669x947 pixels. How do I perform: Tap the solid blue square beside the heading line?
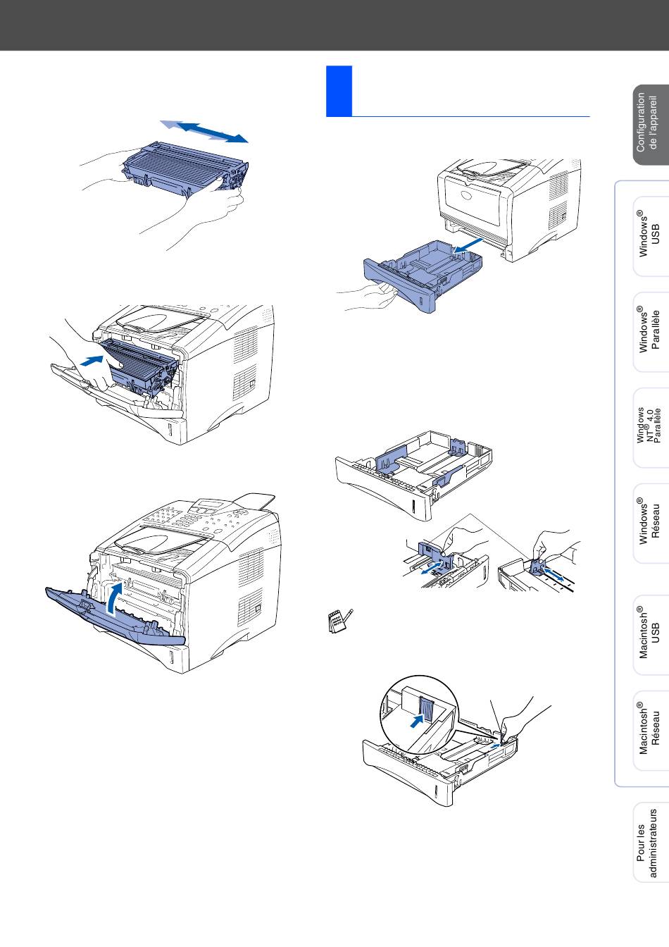[339, 91]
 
